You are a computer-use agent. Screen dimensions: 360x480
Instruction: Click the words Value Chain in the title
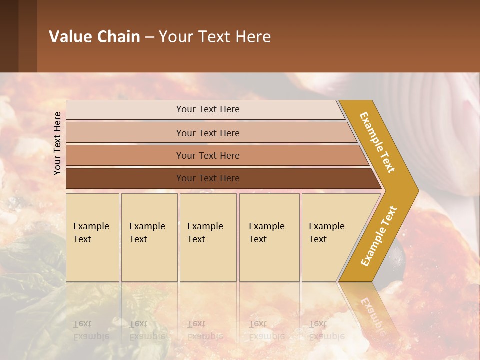(x=94, y=36)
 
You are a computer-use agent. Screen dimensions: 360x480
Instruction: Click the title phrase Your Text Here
(x=215, y=36)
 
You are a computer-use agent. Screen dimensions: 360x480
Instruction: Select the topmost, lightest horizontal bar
(x=125, y=109)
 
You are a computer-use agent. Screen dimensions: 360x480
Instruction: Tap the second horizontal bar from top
(x=125, y=133)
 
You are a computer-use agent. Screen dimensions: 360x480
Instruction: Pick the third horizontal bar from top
(x=125, y=155)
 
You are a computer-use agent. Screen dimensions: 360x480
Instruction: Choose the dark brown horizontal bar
(x=125, y=178)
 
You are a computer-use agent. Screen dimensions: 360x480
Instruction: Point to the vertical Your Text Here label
(x=58, y=143)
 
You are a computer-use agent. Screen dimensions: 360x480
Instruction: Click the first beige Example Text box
(x=92, y=237)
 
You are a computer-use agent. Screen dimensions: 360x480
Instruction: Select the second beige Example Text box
(x=149, y=237)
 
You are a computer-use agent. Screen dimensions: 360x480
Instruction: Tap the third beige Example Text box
(x=208, y=237)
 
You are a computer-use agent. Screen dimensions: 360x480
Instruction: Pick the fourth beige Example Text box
(x=269, y=237)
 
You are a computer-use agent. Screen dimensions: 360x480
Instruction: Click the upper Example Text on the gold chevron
(x=377, y=142)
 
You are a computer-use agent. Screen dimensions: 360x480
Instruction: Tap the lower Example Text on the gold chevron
(x=378, y=236)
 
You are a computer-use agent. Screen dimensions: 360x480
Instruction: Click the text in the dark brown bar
(x=208, y=178)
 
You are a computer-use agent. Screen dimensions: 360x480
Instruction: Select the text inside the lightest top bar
(x=208, y=109)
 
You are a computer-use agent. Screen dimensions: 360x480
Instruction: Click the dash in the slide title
(x=149, y=37)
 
